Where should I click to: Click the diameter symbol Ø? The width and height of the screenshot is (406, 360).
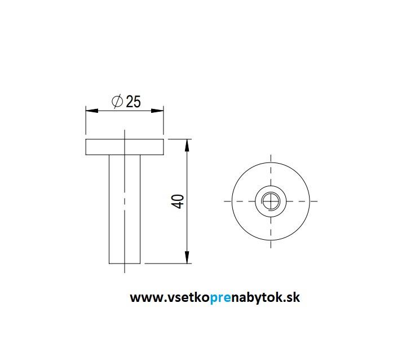117,102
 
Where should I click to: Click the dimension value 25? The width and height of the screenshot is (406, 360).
134,102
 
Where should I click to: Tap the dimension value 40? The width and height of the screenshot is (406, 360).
178,201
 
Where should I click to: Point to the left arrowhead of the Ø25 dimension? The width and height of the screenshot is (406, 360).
89,111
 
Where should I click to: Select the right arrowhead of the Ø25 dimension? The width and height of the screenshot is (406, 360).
160,111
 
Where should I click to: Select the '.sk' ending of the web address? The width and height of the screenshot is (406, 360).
291,297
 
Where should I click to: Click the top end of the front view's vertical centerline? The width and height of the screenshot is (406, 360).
271,156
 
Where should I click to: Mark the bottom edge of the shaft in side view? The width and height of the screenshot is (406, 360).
124,264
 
